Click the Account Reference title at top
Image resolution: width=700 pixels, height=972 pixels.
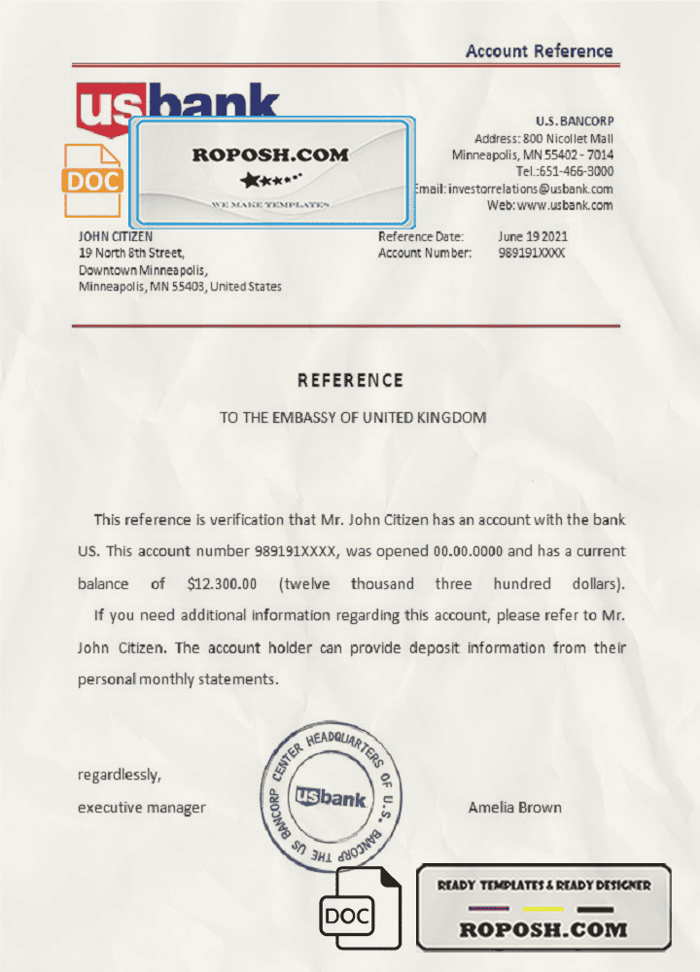click(539, 52)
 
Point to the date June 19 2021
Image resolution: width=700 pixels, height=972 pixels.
click(533, 236)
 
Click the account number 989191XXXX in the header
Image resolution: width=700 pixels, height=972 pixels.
click(531, 253)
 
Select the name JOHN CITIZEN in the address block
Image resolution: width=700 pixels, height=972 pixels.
click(115, 236)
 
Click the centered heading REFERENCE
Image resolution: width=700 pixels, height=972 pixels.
click(350, 380)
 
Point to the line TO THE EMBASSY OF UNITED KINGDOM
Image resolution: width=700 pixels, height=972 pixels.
click(352, 418)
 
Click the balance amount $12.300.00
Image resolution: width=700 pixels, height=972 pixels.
click(222, 584)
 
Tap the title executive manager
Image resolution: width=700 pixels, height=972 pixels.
click(142, 807)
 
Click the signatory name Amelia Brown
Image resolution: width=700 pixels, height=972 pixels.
click(514, 807)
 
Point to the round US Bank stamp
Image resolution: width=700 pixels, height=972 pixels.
click(332, 798)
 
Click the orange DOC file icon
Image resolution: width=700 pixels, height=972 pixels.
click(92, 180)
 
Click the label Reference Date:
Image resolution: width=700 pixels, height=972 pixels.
click(421, 236)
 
